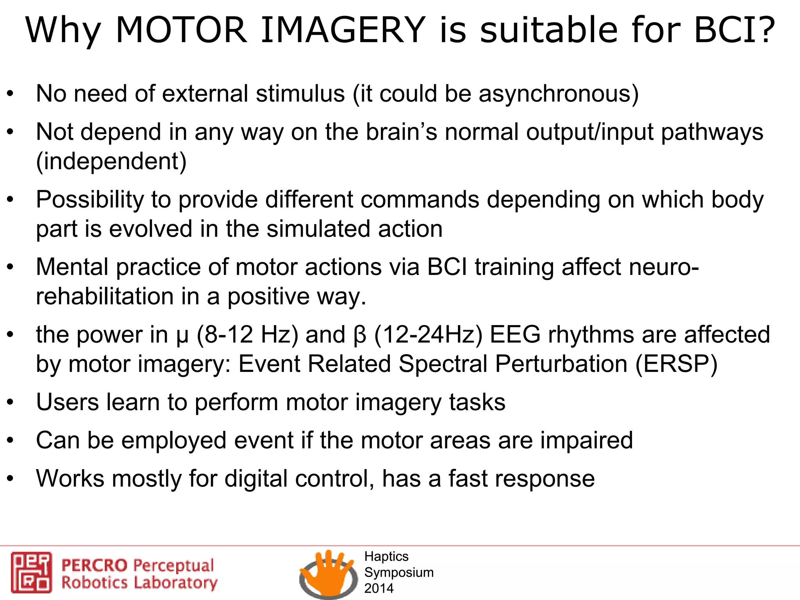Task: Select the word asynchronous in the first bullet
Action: click(x=559, y=94)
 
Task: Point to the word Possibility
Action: click(x=90, y=200)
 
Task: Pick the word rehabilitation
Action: click(x=105, y=296)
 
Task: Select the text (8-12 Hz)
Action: click(x=247, y=335)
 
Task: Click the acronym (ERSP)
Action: click(x=677, y=364)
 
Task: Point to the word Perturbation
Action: click(x=561, y=364)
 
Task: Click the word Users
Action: click(x=68, y=402)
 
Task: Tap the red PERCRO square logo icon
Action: click(x=31, y=572)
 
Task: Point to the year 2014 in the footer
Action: click(x=379, y=588)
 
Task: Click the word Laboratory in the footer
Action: click(x=175, y=583)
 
